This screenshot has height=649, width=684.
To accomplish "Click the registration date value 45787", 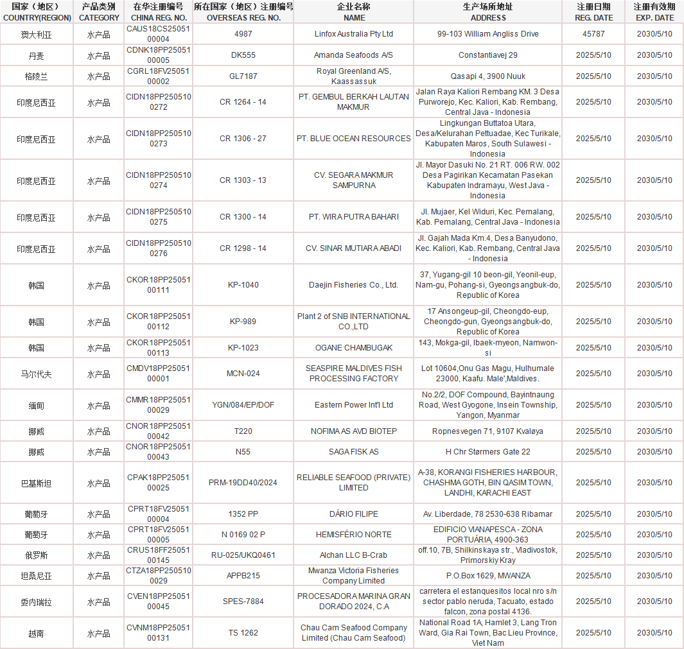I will tap(593, 33).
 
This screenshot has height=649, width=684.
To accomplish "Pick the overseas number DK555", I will tap(243, 55).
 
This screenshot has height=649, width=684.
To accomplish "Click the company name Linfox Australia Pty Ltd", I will tap(353, 33).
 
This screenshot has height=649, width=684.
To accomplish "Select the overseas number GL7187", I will tap(243, 76).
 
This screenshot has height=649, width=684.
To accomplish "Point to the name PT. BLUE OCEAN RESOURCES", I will tap(353, 139).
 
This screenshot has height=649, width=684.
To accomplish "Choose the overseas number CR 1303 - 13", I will tap(243, 180).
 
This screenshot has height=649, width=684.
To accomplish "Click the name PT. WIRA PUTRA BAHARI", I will tap(353, 217).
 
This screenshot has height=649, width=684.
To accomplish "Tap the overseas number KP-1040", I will tap(243, 284).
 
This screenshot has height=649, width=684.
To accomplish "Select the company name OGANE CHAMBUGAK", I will tap(353, 348).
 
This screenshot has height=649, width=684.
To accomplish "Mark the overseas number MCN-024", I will tap(243, 374).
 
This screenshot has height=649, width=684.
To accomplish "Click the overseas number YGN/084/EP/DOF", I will tap(243, 405).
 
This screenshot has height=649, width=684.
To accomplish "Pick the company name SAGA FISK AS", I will tap(353, 452).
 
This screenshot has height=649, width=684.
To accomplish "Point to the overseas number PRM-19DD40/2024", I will tap(243, 483).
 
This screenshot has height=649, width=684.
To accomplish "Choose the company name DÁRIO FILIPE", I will tap(353, 514).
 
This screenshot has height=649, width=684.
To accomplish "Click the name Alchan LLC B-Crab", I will tap(353, 555).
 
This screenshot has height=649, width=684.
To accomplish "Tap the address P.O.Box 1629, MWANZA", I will tap(487, 576).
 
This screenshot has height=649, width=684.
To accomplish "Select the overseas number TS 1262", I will tap(243, 633).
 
